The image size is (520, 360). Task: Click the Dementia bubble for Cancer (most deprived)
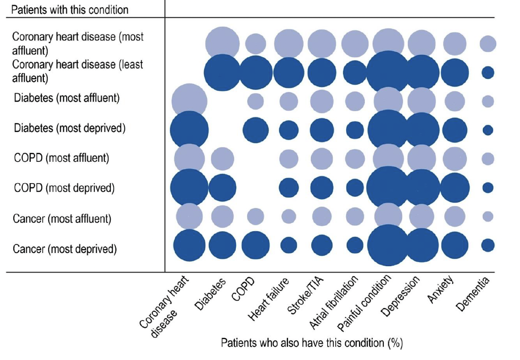tap(488, 245)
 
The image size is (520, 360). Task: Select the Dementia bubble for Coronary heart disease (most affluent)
tap(488, 44)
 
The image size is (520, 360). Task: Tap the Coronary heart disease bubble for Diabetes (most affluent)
tap(189, 101)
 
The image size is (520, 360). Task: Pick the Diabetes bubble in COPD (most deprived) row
tap(222, 187)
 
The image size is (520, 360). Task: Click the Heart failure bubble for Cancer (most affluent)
tap(289, 216)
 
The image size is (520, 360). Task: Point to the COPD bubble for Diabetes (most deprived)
tap(255, 130)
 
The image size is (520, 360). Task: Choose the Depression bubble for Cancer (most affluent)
tap(422, 216)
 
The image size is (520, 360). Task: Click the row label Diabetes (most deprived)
tap(69, 128)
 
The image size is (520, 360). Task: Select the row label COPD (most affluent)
tap(61, 158)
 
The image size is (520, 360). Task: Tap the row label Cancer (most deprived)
tap(64, 248)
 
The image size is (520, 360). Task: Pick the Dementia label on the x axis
tap(473, 294)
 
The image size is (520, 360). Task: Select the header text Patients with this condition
tap(69, 10)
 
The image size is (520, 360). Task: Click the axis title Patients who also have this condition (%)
tap(312, 342)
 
